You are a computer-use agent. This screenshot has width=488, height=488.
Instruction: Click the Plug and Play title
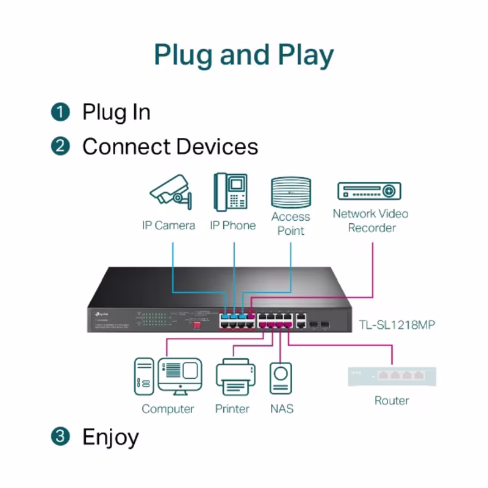coord(244,55)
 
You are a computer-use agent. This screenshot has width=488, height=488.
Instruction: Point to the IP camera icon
coord(170,191)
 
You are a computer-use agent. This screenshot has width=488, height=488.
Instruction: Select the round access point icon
coord(291,192)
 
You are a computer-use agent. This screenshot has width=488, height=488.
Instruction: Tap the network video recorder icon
coord(370,191)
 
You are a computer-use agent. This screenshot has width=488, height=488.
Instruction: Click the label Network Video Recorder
coord(370,221)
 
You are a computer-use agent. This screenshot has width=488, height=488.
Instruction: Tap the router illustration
coord(392,376)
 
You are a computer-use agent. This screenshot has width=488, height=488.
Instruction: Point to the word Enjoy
coord(110,437)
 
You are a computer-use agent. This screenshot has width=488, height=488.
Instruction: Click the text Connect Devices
coord(170,147)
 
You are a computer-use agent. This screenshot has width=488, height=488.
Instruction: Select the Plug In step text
coord(116,112)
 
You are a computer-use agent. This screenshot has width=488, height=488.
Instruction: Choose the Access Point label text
coord(290,224)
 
